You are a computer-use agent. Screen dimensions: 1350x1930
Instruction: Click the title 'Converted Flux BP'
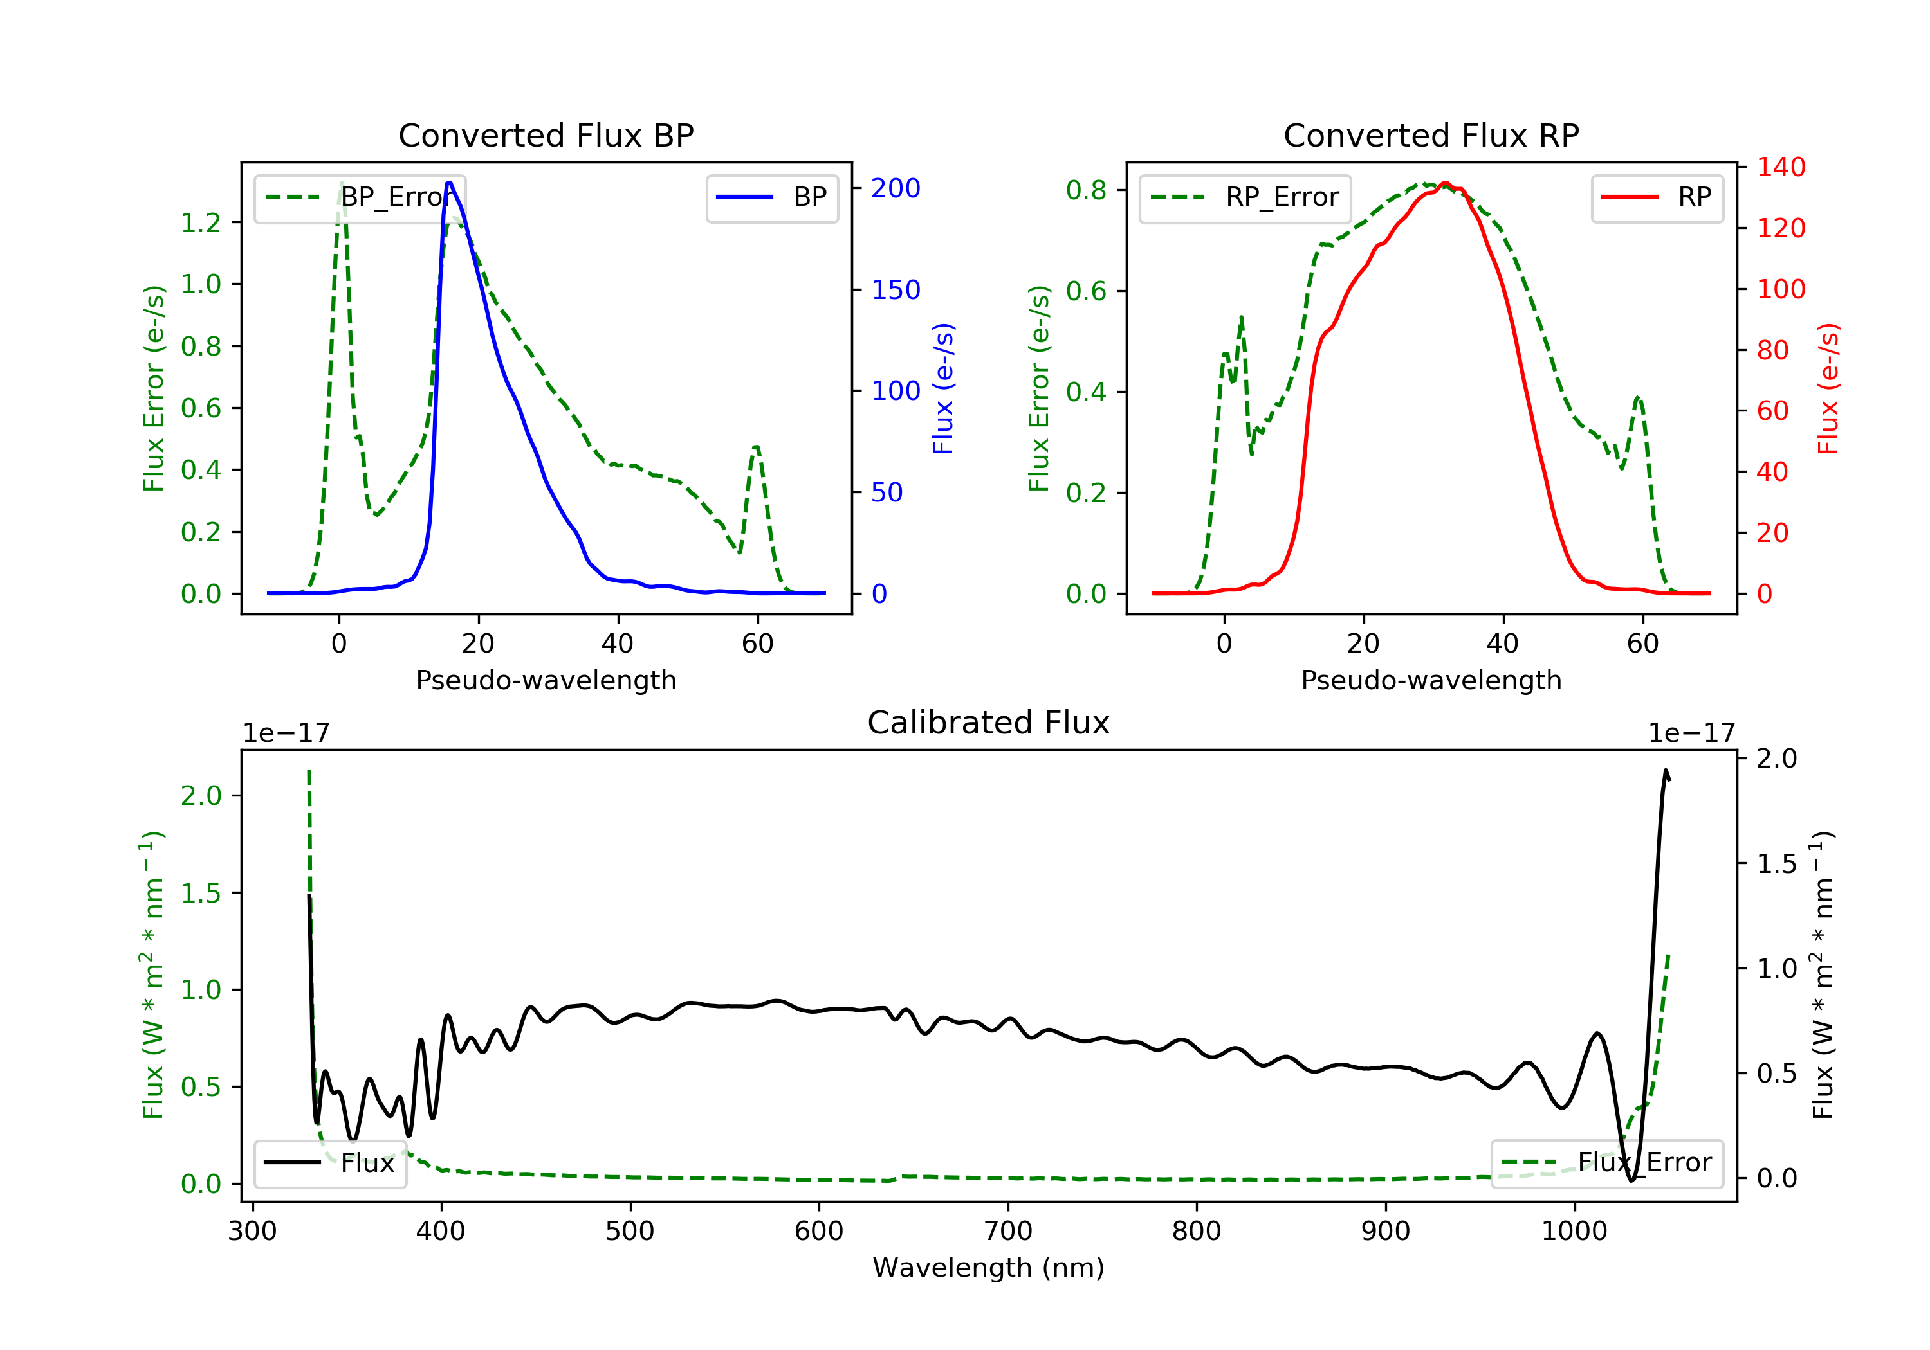click(546, 135)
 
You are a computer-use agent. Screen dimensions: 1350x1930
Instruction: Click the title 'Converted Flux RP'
click(1431, 135)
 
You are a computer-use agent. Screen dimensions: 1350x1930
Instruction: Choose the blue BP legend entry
click(771, 197)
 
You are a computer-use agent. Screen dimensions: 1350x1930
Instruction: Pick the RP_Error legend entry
click(1245, 197)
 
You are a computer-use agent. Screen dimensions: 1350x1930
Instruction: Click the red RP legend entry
click(1657, 197)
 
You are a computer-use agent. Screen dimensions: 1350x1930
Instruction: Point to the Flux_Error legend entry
click(1606, 1163)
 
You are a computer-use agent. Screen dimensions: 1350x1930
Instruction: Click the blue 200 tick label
click(896, 188)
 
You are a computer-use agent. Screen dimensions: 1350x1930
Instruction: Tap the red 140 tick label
click(1780, 167)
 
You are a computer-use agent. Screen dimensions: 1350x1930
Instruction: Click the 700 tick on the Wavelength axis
click(1008, 1232)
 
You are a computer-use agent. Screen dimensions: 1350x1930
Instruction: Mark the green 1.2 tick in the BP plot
click(201, 222)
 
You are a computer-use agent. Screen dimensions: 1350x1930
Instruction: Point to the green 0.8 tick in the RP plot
click(1086, 190)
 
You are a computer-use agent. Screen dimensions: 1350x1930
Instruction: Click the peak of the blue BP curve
click(450, 183)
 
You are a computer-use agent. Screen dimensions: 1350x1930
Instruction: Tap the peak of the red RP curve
click(1445, 183)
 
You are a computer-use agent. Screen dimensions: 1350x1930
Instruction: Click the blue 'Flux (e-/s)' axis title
click(943, 388)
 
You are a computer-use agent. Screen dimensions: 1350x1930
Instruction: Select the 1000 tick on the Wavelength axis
click(1574, 1232)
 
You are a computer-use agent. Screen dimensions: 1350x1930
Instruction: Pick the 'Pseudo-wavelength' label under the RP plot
click(1431, 679)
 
